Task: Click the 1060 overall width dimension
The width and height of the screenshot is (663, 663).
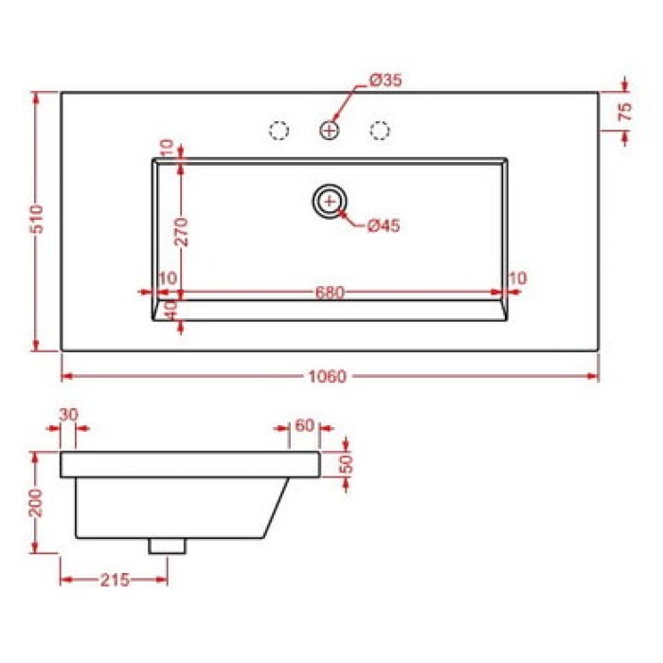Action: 328,376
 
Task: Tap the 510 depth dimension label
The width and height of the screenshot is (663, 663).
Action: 37,219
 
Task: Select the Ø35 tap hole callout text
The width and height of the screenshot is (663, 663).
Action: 385,80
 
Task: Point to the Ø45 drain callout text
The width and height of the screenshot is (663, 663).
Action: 383,225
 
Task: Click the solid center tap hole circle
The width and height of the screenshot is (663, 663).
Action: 330,130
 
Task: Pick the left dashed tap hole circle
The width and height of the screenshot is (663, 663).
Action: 278,130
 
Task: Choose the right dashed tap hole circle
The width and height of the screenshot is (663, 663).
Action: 380,130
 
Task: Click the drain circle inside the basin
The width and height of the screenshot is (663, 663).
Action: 330,201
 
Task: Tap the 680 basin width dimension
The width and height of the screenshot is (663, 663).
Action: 330,292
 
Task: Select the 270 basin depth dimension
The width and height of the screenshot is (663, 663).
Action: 182,232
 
